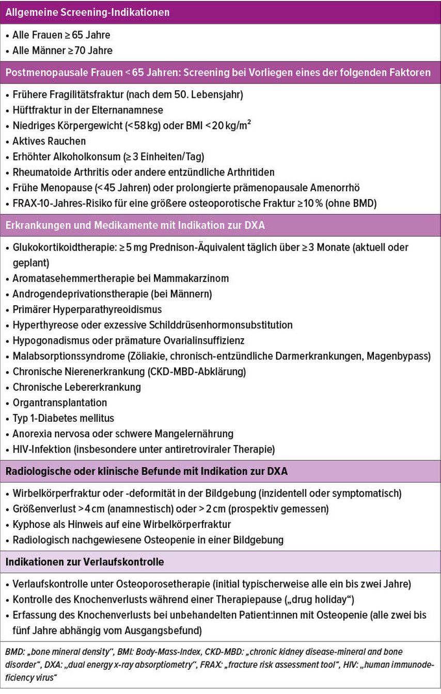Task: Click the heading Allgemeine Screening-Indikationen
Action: pyautogui.click(x=87, y=12)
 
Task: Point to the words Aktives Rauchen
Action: pyautogui.click(x=49, y=141)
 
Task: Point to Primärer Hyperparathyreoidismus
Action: pyautogui.click(x=87, y=309)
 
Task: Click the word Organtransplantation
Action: pyautogui.click(x=60, y=402)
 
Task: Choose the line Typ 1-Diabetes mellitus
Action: pyautogui.click(x=64, y=418)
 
